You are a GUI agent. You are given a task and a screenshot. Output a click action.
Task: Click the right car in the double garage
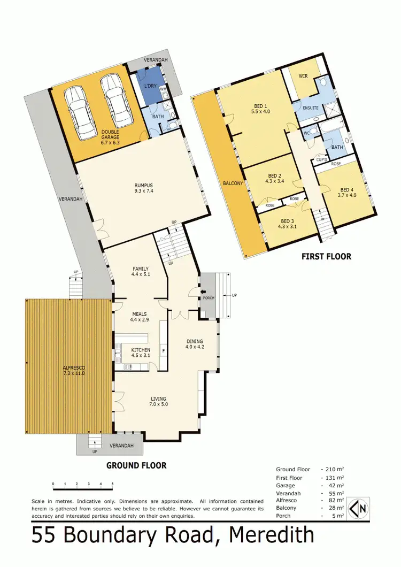pyautogui.click(x=113, y=100)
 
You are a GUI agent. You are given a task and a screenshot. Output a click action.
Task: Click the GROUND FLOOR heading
pyautogui.click(x=136, y=465)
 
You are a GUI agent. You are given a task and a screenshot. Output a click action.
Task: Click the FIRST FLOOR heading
pyautogui.click(x=326, y=256)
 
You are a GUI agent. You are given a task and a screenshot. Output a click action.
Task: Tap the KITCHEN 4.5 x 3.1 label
pyautogui.click(x=141, y=353)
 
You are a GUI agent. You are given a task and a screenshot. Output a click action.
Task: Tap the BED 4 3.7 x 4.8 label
pyautogui.click(x=347, y=193)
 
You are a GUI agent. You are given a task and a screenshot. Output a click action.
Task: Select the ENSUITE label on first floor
pyautogui.click(x=311, y=108)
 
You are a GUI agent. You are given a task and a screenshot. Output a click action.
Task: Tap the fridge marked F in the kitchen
pyautogui.click(x=163, y=351)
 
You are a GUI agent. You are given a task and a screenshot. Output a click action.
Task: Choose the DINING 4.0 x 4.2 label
pyautogui.click(x=194, y=343)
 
